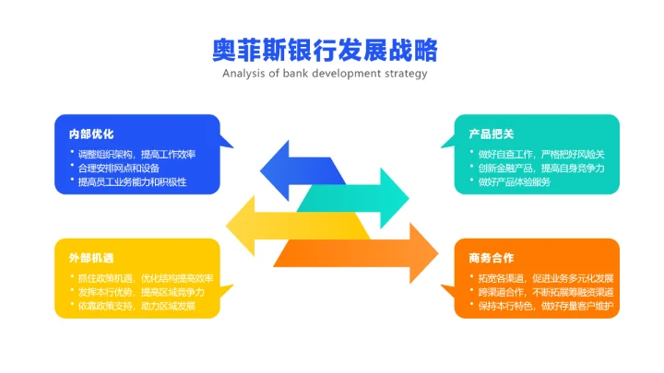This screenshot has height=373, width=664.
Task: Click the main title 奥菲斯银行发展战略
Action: click(325, 48)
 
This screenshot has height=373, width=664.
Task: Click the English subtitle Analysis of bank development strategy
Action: click(325, 74)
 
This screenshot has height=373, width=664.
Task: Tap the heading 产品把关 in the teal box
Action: click(491, 134)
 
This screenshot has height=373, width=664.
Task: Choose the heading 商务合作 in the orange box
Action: click(491, 258)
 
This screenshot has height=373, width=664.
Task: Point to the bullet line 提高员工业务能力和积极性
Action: click(133, 181)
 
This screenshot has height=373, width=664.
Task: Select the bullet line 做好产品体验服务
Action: click(515, 181)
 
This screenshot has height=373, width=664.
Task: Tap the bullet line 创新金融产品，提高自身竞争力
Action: click(541, 168)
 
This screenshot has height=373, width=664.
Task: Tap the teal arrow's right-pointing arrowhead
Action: click(395, 196)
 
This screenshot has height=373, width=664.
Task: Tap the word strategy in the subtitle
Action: click(405, 74)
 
